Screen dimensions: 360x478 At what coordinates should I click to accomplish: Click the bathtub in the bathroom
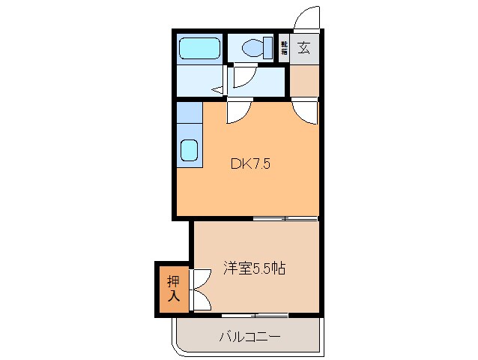click(199, 49)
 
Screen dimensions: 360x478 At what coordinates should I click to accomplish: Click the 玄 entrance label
click(304, 48)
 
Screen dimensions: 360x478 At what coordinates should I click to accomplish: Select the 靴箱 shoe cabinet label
click(285, 48)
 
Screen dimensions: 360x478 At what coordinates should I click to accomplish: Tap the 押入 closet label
click(173, 289)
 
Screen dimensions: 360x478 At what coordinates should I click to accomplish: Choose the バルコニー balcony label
click(249, 337)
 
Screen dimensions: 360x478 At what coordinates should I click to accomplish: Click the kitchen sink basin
click(190, 151)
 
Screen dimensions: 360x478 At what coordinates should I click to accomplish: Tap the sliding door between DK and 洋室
click(285, 219)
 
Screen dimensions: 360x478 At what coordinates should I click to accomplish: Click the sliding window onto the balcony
click(255, 314)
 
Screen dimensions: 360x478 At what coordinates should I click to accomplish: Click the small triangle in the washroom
click(219, 90)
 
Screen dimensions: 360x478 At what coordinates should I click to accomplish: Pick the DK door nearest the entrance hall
click(306, 112)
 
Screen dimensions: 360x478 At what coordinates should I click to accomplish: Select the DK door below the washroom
click(239, 111)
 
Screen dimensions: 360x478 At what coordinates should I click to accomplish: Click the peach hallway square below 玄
click(304, 82)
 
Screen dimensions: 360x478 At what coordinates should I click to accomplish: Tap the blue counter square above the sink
click(190, 113)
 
